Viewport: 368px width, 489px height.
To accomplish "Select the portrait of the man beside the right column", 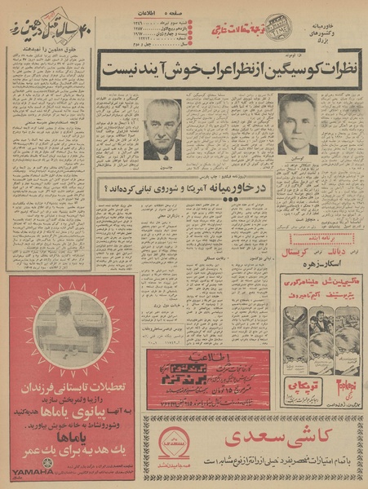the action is (296, 125).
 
